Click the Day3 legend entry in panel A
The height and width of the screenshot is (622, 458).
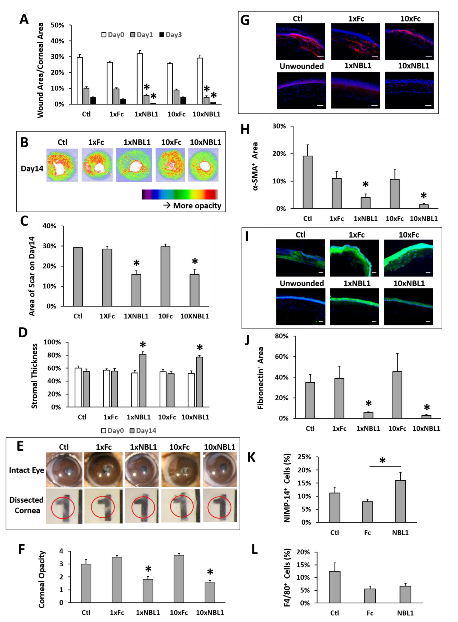pos(171,35)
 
